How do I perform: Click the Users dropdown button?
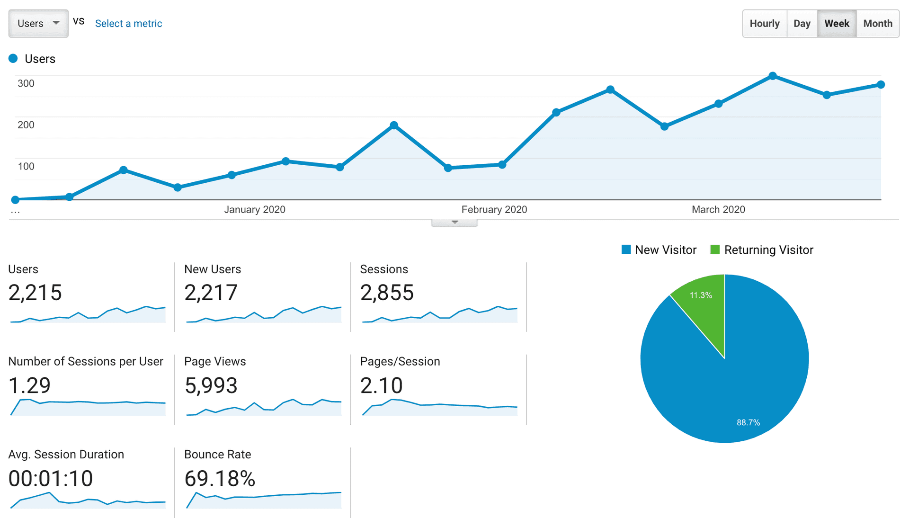(x=38, y=23)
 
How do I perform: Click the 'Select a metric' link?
(x=128, y=23)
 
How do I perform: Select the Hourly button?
(x=764, y=23)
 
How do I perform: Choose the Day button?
(x=802, y=23)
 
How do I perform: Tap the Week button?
(x=837, y=23)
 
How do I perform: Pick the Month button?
(x=877, y=23)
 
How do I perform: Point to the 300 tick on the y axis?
(x=26, y=83)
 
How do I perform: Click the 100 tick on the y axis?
(x=26, y=166)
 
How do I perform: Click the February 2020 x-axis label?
(x=494, y=209)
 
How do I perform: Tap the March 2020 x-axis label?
(x=718, y=209)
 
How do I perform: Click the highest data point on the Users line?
(x=773, y=76)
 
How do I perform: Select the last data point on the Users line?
(x=881, y=85)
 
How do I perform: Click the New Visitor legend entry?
(x=659, y=250)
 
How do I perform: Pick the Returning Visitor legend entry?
(x=762, y=250)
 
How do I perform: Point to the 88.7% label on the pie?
(x=748, y=422)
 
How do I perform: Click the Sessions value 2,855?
(x=387, y=293)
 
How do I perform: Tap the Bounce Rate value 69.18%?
(x=220, y=478)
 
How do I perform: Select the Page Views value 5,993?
(x=211, y=385)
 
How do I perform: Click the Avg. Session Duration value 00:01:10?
(x=51, y=478)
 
